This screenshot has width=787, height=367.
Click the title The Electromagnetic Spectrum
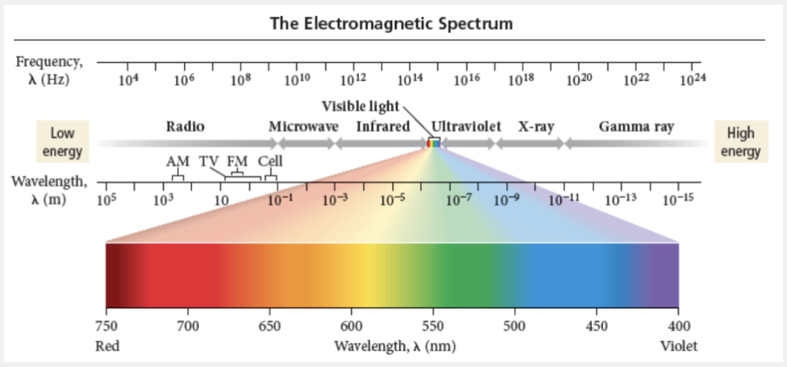[391, 24]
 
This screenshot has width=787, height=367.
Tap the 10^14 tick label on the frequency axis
[410, 79]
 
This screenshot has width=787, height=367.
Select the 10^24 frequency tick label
[693, 79]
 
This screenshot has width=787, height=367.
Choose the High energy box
[741, 142]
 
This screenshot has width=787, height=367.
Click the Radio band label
[186, 127]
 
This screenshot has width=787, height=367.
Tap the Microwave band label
[304, 127]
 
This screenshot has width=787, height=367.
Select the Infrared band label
[383, 127]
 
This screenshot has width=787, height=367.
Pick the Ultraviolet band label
[467, 127]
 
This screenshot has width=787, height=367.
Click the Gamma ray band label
[636, 127]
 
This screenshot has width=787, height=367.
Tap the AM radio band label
[178, 161]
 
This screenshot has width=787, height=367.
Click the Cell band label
[270, 161]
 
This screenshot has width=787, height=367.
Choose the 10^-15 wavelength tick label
[678, 200]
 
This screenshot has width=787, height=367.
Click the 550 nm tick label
[433, 325]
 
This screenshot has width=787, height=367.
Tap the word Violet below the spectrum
[678, 346]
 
